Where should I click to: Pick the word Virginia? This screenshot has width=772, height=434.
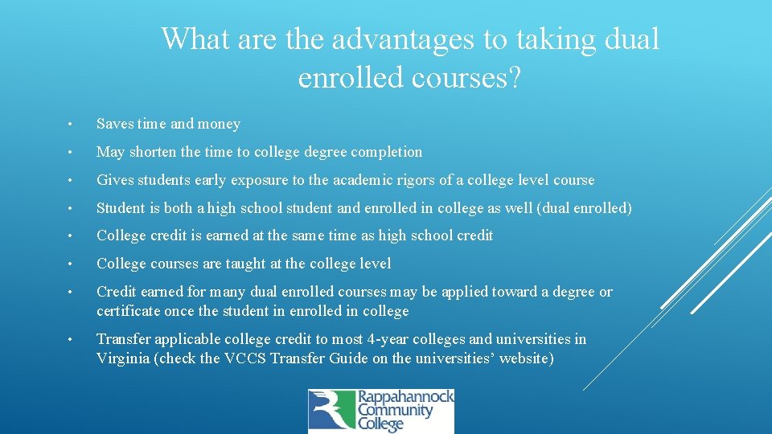click(x=122, y=358)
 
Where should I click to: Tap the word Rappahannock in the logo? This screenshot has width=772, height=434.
click(x=405, y=398)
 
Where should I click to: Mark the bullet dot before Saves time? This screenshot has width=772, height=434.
click(x=72, y=125)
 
